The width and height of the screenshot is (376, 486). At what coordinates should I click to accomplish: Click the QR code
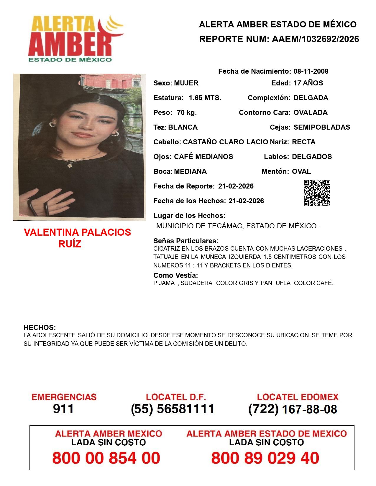(x=317, y=193)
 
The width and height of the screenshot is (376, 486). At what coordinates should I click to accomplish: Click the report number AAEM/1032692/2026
(x=315, y=39)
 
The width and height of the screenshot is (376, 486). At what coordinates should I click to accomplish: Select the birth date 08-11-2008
(x=311, y=71)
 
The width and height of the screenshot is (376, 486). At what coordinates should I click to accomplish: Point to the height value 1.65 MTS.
(x=205, y=98)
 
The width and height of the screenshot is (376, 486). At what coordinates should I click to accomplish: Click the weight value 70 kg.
(x=187, y=113)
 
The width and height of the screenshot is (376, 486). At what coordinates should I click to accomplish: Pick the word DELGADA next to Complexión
(x=311, y=98)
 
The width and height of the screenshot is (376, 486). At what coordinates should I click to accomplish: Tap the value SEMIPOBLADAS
(x=322, y=127)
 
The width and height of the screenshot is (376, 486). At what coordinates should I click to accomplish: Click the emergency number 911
(x=63, y=409)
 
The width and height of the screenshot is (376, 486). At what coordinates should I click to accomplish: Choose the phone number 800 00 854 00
(x=106, y=458)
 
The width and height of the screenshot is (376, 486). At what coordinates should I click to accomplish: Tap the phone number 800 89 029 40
(x=265, y=458)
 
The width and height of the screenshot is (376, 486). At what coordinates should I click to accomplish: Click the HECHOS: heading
(x=40, y=328)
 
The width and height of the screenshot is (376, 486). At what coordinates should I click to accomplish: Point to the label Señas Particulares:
(x=185, y=241)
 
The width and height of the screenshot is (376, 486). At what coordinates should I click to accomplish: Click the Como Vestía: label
(x=175, y=275)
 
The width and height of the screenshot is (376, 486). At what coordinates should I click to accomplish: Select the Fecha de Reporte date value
(x=236, y=186)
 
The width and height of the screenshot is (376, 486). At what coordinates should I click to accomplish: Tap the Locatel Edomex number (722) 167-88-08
(x=293, y=409)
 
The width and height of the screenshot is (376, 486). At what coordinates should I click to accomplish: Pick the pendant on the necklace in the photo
(x=70, y=165)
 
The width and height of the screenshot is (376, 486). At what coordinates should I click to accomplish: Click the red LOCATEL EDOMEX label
(x=298, y=397)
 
